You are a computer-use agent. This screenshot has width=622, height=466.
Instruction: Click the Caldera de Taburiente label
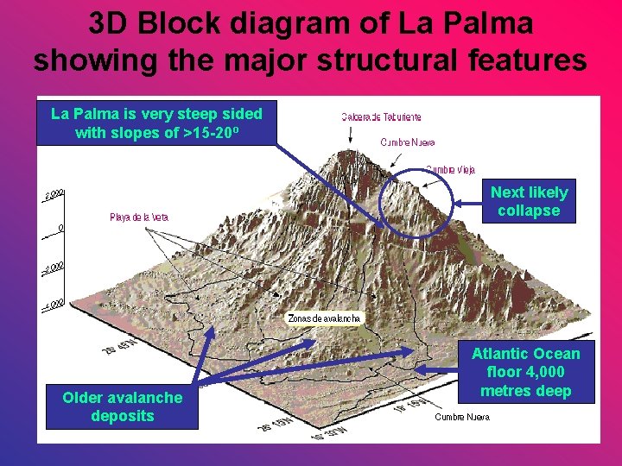point(381,116)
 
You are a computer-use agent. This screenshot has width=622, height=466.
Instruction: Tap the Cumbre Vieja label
point(450,170)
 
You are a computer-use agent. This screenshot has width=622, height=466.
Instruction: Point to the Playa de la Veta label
point(139,217)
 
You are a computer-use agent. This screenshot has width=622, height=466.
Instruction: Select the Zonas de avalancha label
point(325,318)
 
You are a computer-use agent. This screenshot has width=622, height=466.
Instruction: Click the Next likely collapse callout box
point(529,202)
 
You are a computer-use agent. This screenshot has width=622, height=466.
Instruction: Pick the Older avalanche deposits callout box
point(122,407)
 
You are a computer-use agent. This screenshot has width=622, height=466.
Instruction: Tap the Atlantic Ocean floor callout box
point(526,372)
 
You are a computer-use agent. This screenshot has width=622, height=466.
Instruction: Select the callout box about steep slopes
point(156,123)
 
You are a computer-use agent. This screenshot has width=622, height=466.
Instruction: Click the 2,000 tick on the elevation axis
point(54,195)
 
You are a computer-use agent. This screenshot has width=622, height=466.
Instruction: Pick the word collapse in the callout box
point(529,211)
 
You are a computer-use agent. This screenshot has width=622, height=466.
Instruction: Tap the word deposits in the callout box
point(122,417)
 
